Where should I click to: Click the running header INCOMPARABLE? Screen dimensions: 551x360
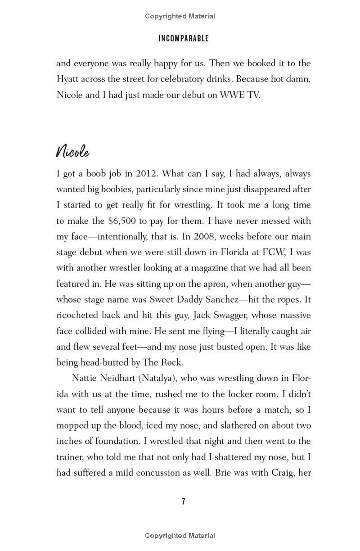(x=184, y=39)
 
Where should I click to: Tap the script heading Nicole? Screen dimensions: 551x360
(x=72, y=152)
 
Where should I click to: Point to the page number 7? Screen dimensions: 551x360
(x=183, y=501)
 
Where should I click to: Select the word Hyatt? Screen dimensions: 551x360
(x=68, y=79)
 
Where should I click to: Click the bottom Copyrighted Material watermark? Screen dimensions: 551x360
(x=180, y=536)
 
